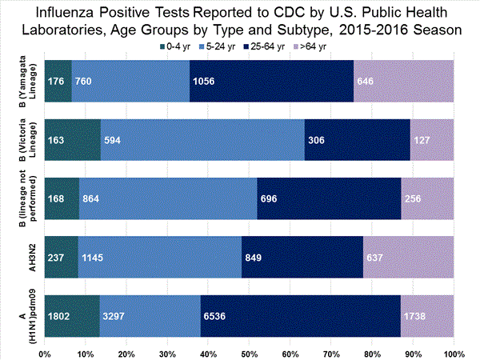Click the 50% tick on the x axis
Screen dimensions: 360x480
click(x=250, y=352)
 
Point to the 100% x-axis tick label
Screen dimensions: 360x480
click(x=453, y=352)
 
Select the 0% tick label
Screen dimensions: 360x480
click(x=45, y=352)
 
